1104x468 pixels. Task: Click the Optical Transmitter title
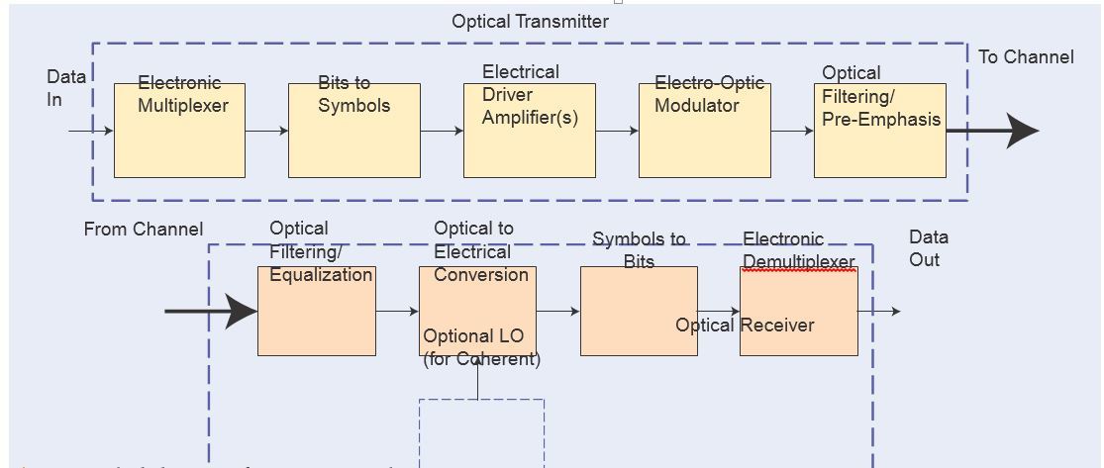point(530,21)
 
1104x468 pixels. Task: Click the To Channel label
point(1026,56)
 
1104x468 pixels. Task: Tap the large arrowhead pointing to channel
point(1021,131)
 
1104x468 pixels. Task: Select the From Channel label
point(143,230)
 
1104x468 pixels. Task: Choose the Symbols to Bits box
point(639,311)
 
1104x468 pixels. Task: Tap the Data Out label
point(928,248)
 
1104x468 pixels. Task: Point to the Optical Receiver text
point(745,326)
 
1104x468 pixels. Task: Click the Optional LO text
point(473,336)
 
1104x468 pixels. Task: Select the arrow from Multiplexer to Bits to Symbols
point(266,131)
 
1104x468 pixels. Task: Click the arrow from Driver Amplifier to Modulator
point(617,131)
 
